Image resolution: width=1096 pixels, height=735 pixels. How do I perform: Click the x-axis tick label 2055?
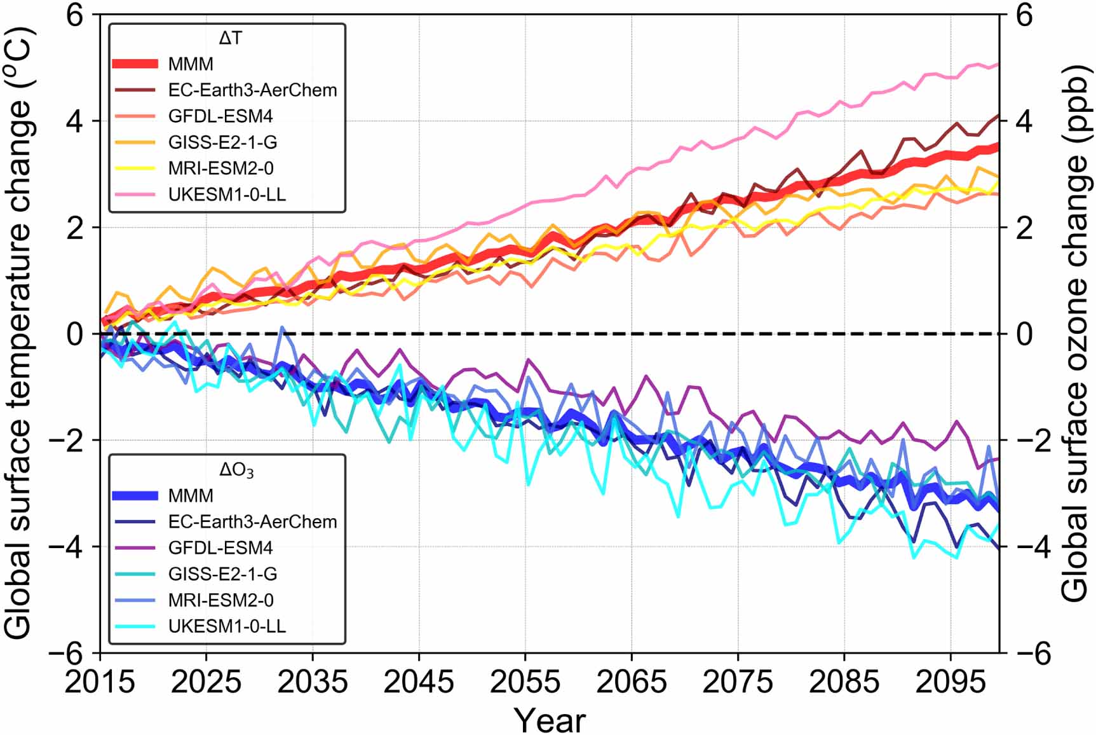click(x=525, y=682)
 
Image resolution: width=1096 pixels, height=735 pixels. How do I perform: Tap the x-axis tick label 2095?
click(x=950, y=682)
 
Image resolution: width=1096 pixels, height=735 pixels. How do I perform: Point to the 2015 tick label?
click(x=100, y=682)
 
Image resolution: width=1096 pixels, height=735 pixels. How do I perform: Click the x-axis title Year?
click(x=550, y=720)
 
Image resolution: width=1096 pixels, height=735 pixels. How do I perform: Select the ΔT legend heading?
click(x=230, y=39)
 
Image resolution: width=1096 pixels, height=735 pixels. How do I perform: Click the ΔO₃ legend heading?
click(x=236, y=471)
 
